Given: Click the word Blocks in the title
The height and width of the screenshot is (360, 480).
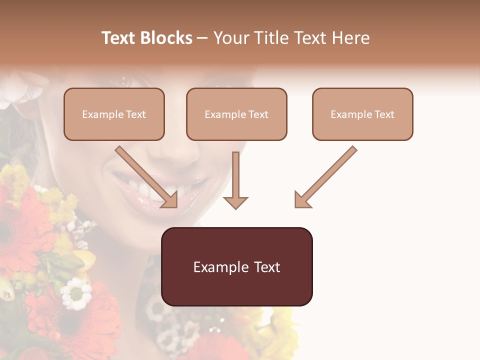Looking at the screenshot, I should tap(166, 38).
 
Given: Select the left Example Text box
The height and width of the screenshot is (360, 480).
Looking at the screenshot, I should tap(114, 114).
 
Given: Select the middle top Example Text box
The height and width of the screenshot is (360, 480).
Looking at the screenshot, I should tap(236, 114).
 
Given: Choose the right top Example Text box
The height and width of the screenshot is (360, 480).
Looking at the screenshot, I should tap(362, 114).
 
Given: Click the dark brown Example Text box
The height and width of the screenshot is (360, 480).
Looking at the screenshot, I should tap(236, 266).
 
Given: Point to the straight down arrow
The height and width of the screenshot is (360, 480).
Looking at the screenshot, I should tap(235, 180).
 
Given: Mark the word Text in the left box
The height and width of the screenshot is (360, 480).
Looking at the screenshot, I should tap(136, 114).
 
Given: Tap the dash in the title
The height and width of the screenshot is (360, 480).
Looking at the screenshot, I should tap(202, 38).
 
